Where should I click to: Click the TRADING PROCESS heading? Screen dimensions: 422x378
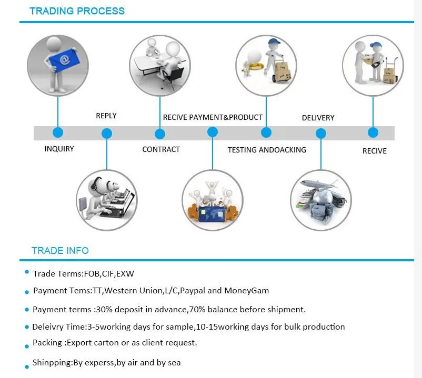[x=77, y=11]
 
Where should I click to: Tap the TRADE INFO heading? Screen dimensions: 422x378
[x=60, y=251]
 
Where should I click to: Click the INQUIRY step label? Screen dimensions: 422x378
[x=59, y=149]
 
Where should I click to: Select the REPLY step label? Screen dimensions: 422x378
[x=106, y=116]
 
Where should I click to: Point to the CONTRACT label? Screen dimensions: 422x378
[x=161, y=149]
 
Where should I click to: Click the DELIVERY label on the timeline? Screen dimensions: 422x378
[x=318, y=118]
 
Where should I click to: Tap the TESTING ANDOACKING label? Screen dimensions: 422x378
[x=267, y=150]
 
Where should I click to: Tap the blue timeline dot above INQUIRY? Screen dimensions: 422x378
[x=58, y=132]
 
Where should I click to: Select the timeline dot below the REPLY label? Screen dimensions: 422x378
[x=107, y=134]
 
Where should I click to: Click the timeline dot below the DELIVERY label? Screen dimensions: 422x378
[x=321, y=134]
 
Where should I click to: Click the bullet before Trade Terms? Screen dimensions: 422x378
[x=27, y=272]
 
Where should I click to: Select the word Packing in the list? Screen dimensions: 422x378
[x=47, y=343]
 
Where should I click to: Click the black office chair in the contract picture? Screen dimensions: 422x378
[x=173, y=77]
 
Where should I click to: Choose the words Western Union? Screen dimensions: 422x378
[x=133, y=291]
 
